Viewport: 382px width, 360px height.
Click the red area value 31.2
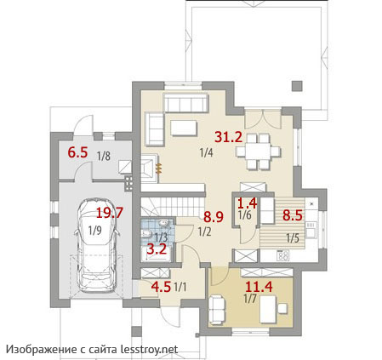click(x=229, y=137)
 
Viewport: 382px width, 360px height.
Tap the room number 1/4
click(x=206, y=153)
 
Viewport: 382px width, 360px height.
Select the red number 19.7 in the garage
click(x=110, y=213)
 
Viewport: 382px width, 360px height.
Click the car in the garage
click(x=96, y=245)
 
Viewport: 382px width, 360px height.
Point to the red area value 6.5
click(x=77, y=152)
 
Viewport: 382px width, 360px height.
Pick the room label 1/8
click(x=104, y=156)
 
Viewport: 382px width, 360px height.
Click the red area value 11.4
click(x=259, y=287)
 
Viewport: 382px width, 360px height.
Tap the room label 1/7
click(x=250, y=299)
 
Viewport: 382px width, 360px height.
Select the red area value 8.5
click(x=293, y=215)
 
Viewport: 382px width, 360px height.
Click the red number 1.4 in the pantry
click(x=247, y=203)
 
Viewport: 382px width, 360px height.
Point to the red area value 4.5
click(x=161, y=287)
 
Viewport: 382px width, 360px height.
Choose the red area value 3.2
click(x=157, y=249)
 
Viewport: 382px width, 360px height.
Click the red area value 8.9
click(x=214, y=217)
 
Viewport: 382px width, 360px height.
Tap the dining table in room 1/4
click(x=258, y=151)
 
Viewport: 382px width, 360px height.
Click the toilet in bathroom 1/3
click(x=145, y=234)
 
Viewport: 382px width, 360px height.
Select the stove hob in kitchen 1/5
click(x=282, y=256)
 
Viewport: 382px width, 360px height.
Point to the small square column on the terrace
click(x=297, y=86)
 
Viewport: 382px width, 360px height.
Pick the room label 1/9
click(x=94, y=231)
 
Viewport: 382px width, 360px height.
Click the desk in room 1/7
click(x=268, y=309)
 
